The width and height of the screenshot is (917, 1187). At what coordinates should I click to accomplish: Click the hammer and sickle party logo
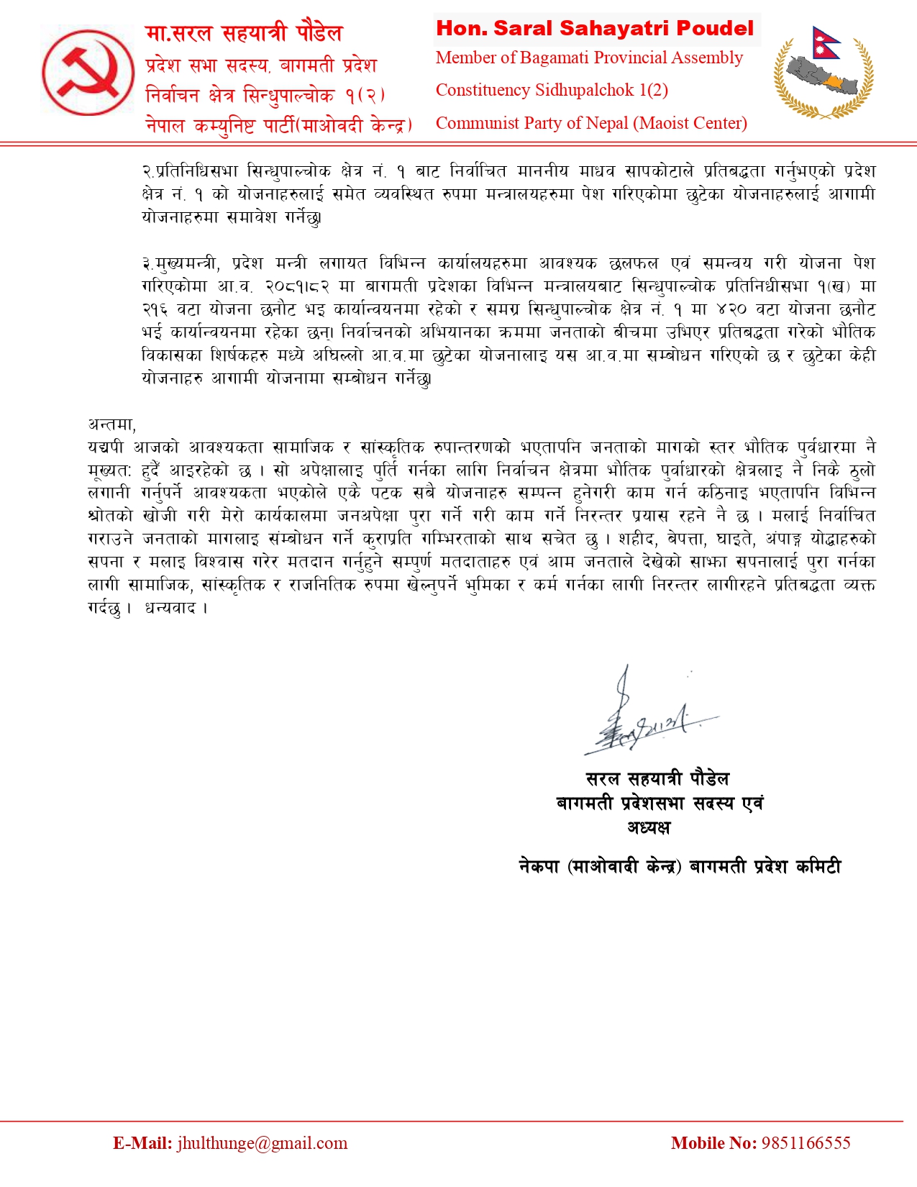[88, 71]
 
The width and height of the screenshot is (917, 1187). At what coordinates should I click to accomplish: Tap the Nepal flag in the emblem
[826, 45]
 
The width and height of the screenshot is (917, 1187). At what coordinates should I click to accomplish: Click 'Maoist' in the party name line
[662, 124]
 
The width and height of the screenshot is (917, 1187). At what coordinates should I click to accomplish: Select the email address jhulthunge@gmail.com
[263, 1143]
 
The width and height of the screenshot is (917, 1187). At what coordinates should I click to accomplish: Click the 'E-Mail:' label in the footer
[142, 1143]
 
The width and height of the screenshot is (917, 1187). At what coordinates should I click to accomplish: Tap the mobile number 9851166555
[806, 1143]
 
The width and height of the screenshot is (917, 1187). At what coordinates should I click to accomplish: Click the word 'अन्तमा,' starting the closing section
[112, 424]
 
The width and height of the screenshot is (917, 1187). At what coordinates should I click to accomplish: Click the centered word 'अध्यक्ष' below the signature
[649, 827]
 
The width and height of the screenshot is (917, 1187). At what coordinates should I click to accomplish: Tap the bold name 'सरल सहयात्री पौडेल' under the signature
[657, 779]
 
